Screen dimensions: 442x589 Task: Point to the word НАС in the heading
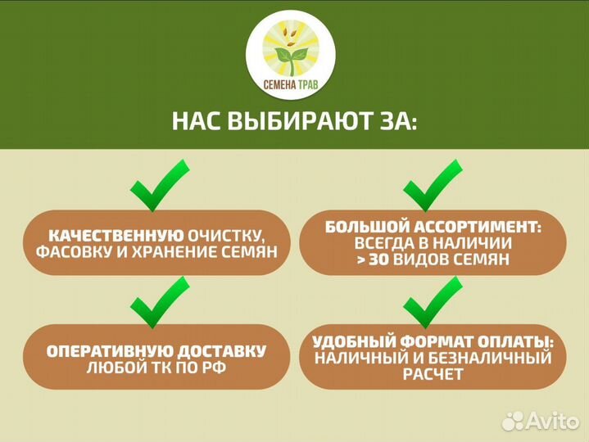pos(197,123)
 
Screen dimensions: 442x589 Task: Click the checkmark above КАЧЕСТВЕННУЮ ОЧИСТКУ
pos(160,185)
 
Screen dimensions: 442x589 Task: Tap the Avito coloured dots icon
pos(513,421)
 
